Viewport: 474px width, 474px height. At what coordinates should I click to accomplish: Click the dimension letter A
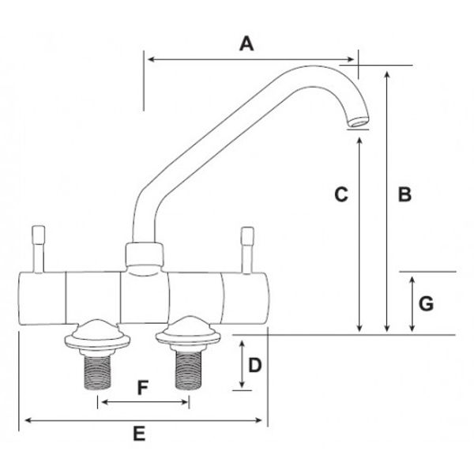246,45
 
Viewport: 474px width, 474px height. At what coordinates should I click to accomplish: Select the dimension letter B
404,194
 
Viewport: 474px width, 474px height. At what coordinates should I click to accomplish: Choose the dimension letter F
142,388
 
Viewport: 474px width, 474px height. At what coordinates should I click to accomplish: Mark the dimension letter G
424,303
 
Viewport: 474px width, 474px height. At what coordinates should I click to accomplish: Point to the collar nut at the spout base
145,256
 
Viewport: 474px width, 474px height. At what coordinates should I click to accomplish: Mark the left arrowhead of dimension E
22,419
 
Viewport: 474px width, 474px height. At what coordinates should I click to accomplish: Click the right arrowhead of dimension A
354,58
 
